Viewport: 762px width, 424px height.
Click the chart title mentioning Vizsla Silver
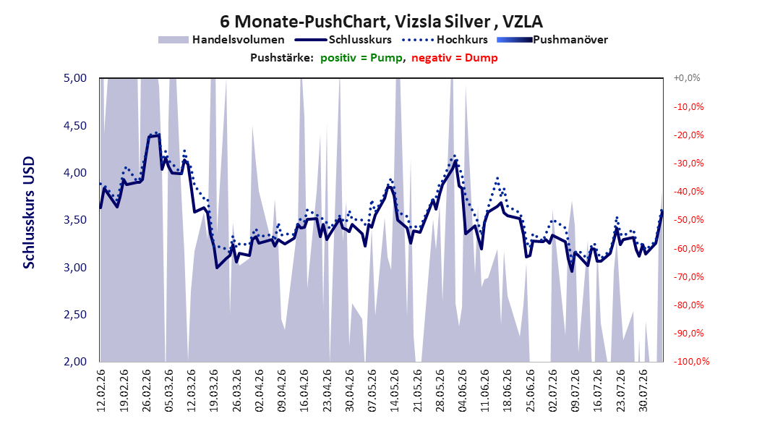pyautogui.click(x=381, y=22)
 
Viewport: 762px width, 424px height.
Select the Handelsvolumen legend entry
pyautogui.click(x=221, y=40)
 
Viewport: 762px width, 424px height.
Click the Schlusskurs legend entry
pyautogui.click(x=343, y=40)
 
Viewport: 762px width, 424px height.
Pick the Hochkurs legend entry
pyautogui.click(x=445, y=40)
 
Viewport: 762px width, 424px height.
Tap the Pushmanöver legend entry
pyautogui.click(x=552, y=40)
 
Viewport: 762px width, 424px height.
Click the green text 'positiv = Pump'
pyautogui.click(x=361, y=58)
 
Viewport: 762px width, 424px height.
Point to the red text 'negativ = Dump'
pyautogui.click(x=455, y=58)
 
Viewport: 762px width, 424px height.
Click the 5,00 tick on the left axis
pyautogui.click(x=75, y=78)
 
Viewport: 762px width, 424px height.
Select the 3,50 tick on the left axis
pyautogui.click(x=75, y=220)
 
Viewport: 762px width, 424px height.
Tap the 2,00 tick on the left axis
pyautogui.click(x=75, y=361)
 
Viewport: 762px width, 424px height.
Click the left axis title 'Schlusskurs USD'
pyautogui.click(x=29, y=213)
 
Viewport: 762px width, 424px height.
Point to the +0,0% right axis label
pyautogui.click(x=687, y=78)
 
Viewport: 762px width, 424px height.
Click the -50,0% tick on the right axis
pyautogui.click(x=688, y=220)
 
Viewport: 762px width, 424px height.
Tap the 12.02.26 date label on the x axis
pyautogui.click(x=101, y=391)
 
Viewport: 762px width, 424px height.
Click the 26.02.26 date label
pyautogui.click(x=146, y=391)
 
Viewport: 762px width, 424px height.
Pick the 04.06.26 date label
pyautogui.click(x=462, y=391)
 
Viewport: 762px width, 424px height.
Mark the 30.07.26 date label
pyautogui.click(x=643, y=391)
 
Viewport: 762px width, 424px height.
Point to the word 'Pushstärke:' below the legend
pyautogui.click(x=282, y=58)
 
